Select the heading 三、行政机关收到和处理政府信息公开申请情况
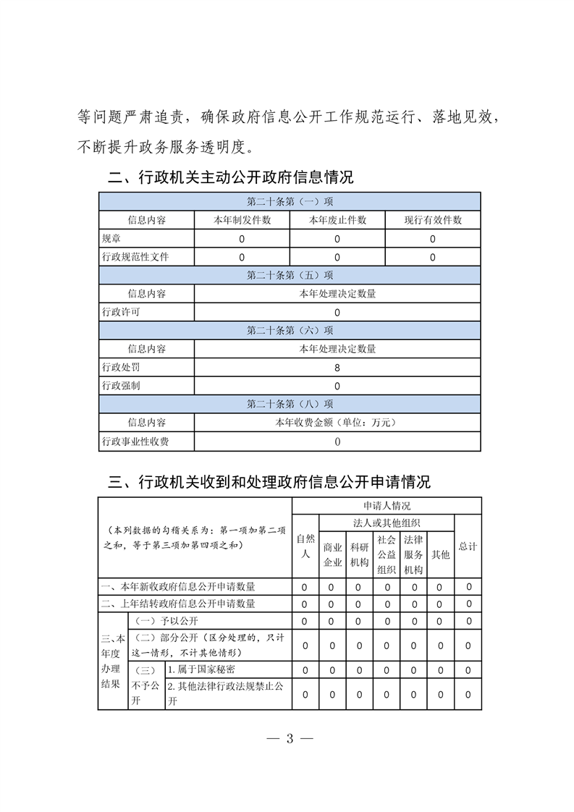(269, 482)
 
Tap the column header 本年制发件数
(242, 220)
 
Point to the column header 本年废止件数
(337, 220)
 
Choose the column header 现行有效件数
(432, 220)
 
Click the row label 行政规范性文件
(136, 257)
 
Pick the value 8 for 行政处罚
(337, 368)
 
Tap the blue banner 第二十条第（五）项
(290, 275)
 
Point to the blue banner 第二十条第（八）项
(290, 404)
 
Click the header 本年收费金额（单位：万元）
(337, 423)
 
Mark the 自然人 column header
(305, 546)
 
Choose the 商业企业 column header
(332, 554)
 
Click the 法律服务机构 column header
(413, 554)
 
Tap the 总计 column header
(468, 546)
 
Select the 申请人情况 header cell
(387, 506)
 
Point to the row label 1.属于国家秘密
(201, 669)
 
